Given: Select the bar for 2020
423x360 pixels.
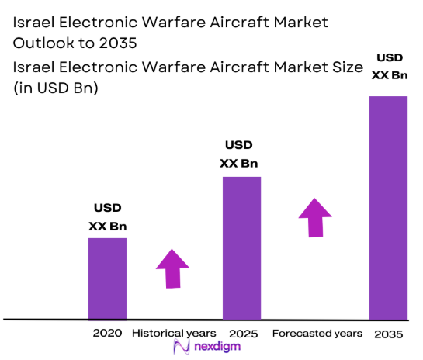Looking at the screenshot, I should [x=107, y=279].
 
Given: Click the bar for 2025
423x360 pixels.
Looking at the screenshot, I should [x=241, y=248].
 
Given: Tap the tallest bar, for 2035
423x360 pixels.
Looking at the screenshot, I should [x=388, y=207].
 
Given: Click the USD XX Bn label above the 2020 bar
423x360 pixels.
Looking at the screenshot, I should [x=107, y=217].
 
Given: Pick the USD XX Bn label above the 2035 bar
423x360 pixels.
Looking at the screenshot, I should [x=389, y=67].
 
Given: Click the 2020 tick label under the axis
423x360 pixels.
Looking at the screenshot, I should [x=107, y=333].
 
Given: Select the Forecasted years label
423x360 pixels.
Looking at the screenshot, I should [x=317, y=333].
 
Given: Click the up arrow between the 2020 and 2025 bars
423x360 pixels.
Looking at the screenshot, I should [x=172, y=268].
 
